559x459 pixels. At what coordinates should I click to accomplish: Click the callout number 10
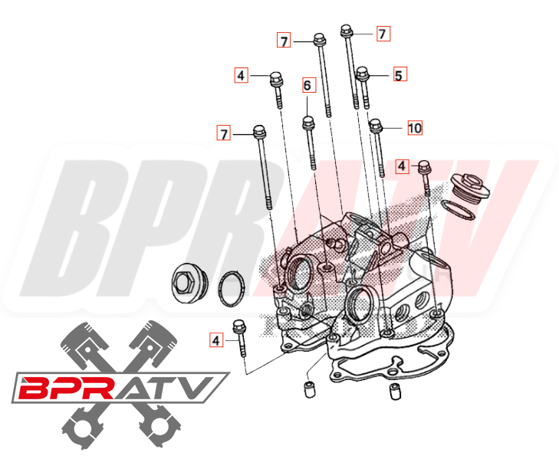[x=414, y=128]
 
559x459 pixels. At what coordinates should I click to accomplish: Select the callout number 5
[x=399, y=75]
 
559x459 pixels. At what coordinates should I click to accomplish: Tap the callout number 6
[x=307, y=85]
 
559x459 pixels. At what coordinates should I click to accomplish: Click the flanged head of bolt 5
[x=362, y=74]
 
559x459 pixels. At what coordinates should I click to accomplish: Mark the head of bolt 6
[x=307, y=122]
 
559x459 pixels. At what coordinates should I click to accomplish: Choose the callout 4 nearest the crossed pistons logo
[x=215, y=339]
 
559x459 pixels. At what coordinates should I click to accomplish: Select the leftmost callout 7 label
[x=223, y=134]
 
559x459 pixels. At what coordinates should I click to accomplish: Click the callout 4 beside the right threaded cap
[x=400, y=165]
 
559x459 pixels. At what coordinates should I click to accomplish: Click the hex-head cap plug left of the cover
[x=187, y=281]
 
